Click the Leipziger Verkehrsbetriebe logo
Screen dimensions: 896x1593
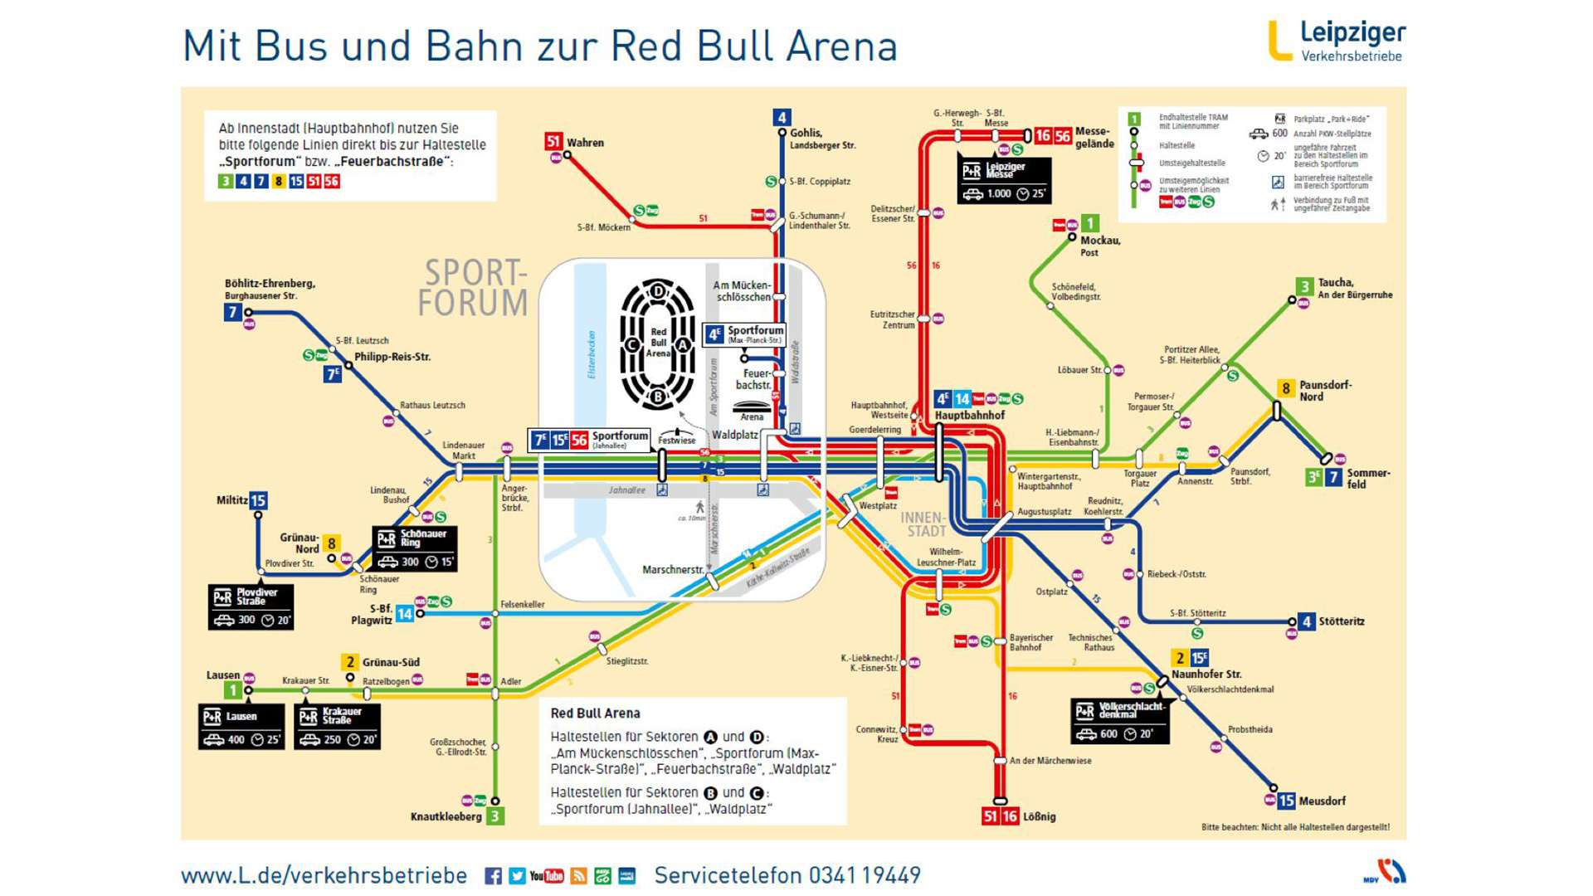1336,41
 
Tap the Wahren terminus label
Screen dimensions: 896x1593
585,143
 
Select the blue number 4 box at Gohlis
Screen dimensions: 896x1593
781,117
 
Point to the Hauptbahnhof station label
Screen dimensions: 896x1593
969,415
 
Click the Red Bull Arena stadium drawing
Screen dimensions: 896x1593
657,344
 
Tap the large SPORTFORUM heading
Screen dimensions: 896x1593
473,288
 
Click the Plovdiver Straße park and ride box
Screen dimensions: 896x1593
251,607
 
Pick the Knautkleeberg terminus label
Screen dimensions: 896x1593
446,816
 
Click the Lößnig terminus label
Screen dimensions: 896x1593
1039,816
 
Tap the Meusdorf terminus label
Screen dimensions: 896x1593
1322,801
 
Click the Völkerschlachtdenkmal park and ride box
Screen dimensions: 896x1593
1119,721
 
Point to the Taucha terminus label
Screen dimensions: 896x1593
1335,283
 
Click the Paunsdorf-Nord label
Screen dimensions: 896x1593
1324,391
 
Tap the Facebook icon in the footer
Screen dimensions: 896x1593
493,876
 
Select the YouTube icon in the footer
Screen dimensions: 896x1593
547,876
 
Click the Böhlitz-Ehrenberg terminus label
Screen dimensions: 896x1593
270,284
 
